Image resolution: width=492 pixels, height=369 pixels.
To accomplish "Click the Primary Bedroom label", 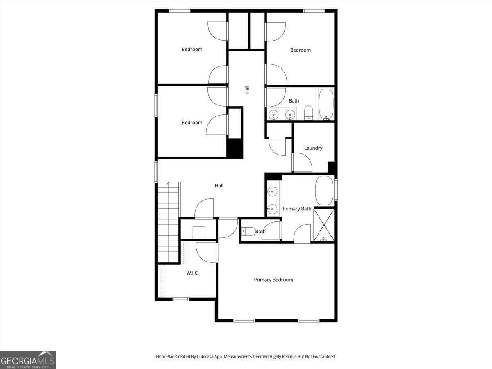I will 273,280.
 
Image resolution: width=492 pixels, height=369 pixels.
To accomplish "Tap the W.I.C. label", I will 192,273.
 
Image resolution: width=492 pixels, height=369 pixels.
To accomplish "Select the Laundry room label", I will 313,148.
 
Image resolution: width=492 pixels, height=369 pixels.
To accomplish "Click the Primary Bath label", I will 297,209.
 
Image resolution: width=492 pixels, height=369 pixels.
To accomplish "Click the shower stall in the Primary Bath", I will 324,225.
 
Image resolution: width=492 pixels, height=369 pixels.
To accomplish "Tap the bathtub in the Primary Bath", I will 324,191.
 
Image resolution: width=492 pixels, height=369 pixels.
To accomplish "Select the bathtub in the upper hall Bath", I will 326,104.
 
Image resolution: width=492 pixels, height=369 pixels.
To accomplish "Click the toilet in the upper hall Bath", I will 309,113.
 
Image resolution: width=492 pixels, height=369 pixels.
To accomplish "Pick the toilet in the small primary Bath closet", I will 248,231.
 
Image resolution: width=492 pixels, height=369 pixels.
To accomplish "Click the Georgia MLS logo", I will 28,360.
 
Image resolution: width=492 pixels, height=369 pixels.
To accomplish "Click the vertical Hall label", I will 247,89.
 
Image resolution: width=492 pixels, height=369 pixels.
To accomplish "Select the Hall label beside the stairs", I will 219,185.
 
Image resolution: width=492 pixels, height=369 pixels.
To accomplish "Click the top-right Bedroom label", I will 300,50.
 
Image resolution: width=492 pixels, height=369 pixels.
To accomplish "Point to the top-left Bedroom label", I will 192,49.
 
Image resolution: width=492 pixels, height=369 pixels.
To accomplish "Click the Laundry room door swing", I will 302,162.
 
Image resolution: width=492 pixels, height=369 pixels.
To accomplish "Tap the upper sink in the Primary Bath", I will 272,191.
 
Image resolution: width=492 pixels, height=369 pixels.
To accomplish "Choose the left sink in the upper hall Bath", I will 273,114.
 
